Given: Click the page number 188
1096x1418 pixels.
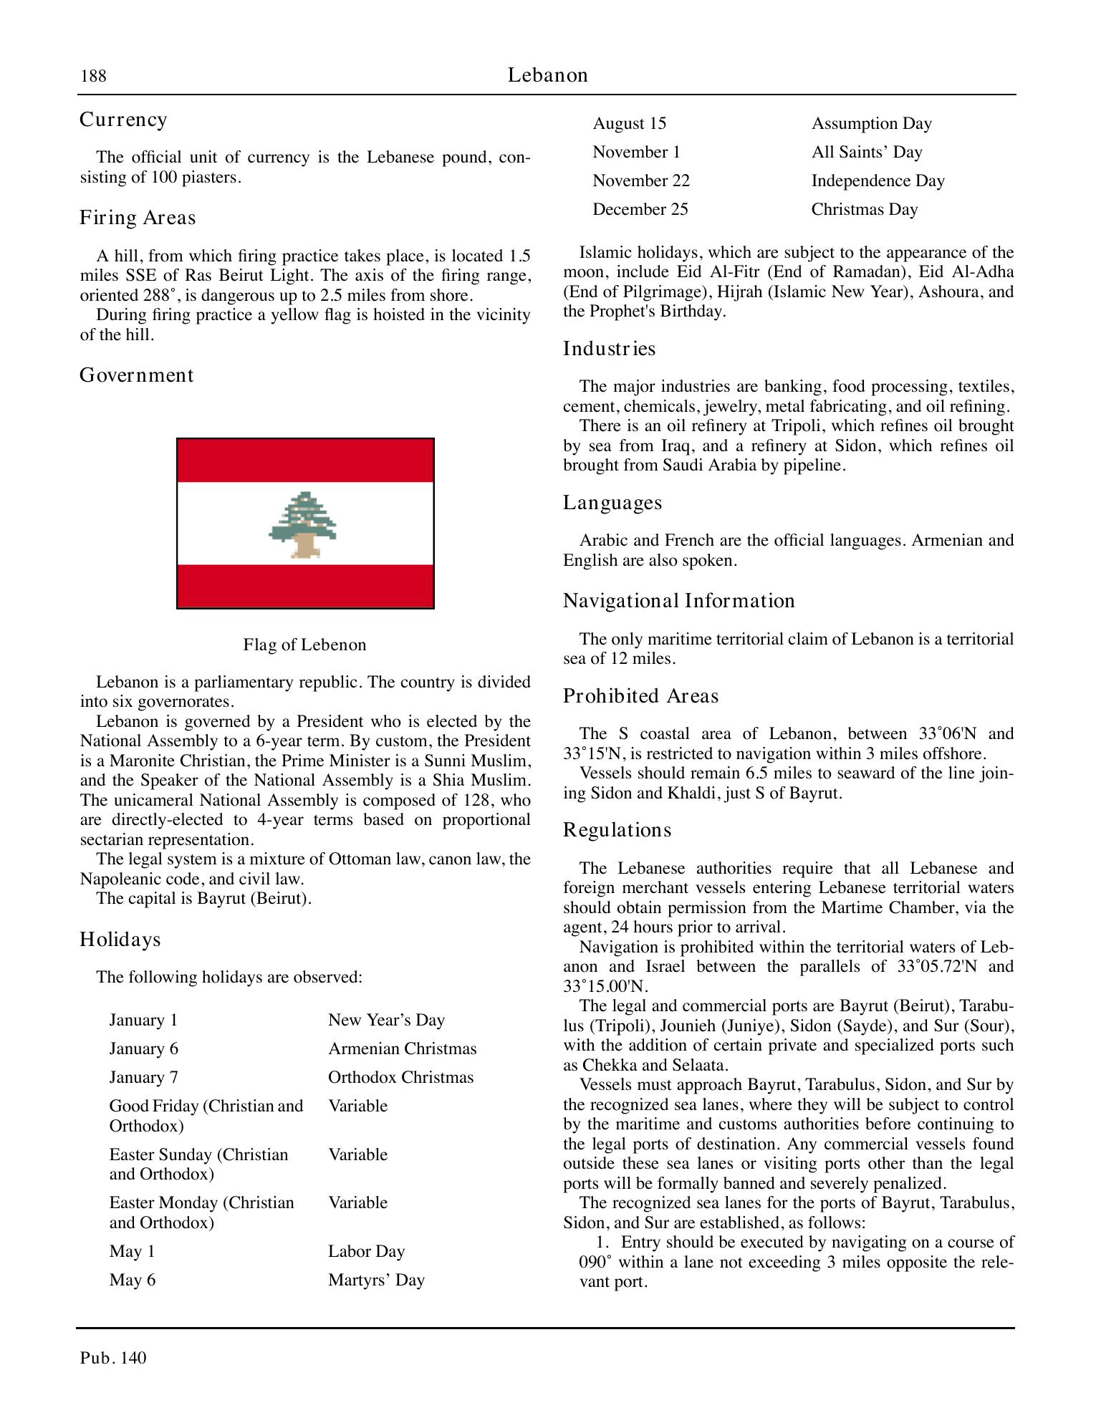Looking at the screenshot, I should pyautogui.click(x=93, y=76).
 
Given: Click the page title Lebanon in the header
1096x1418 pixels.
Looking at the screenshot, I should pyautogui.click(x=547, y=75).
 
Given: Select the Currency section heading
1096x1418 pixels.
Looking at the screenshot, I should pyautogui.click(x=123, y=120).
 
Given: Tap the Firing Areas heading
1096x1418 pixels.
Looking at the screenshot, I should pyautogui.click(x=138, y=218).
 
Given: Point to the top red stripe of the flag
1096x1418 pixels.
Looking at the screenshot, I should pyautogui.click(x=305, y=460).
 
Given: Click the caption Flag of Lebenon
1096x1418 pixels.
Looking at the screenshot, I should pyautogui.click(x=304, y=645).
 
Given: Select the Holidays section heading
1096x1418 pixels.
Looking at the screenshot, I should pyautogui.click(x=120, y=939).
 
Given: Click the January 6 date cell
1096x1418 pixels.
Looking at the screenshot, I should pyautogui.click(x=143, y=1048).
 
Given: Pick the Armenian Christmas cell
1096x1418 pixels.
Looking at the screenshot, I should pyautogui.click(x=402, y=1048).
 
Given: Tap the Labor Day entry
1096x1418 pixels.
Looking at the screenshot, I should pyautogui.click(x=366, y=1251).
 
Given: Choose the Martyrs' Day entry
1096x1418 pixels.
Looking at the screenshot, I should pyautogui.click(x=376, y=1280).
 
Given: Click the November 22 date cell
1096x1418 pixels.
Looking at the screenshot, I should pyautogui.click(x=640, y=180).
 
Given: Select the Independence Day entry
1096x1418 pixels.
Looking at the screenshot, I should pyautogui.click(x=878, y=180).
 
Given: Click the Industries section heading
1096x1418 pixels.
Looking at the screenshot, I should pyautogui.click(x=609, y=349).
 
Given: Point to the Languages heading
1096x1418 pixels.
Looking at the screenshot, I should pyautogui.click(x=612, y=503).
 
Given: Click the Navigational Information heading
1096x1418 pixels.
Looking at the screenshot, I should pyautogui.click(x=678, y=600).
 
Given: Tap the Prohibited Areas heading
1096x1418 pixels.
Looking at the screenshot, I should pyautogui.click(x=640, y=696).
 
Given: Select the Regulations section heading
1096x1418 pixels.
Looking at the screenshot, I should pyautogui.click(x=617, y=830).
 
